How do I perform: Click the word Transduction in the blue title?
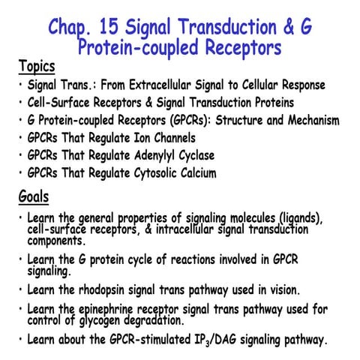coord(229,28)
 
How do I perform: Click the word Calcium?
coord(196,174)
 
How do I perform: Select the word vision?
coord(282,289)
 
